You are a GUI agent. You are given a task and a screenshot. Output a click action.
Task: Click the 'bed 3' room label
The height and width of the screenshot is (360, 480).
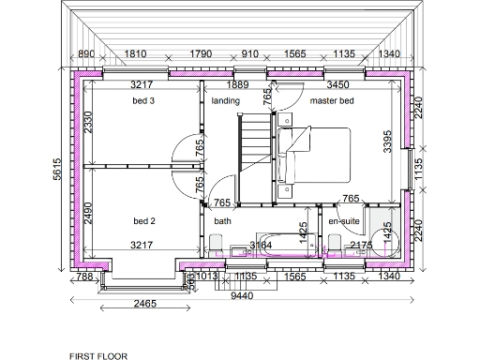click(142, 100)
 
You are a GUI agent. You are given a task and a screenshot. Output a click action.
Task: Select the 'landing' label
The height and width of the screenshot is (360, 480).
click(225, 100)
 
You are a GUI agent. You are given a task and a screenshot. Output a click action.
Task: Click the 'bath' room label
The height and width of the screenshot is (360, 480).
click(222, 221)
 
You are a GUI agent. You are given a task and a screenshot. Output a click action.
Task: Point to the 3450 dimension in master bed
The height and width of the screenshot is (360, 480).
click(338, 85)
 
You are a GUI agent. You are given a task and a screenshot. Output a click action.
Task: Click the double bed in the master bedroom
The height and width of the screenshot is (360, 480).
click(314, 156)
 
